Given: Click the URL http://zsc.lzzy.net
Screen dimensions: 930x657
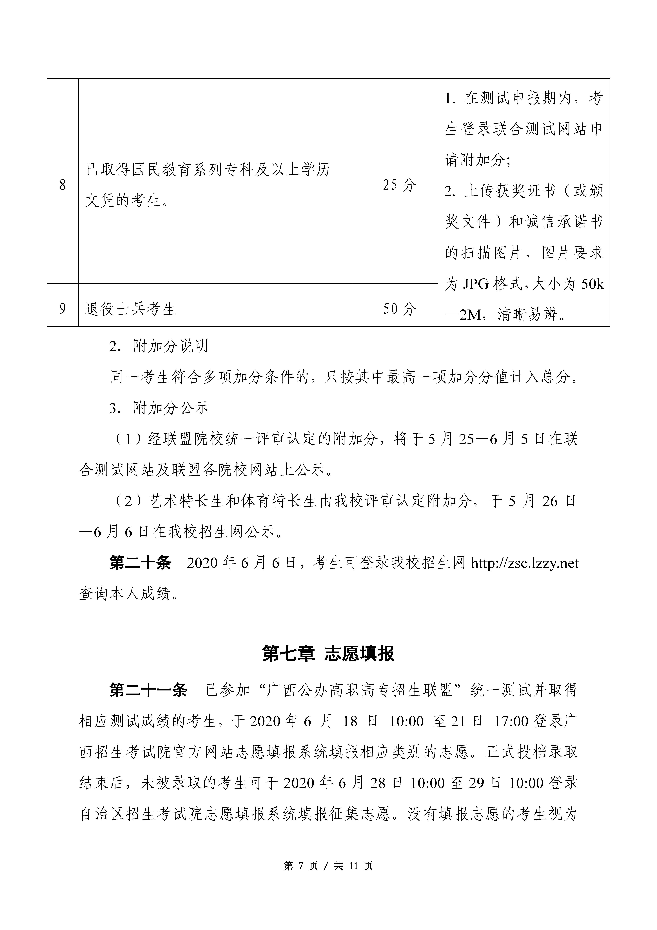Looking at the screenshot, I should (525, 563).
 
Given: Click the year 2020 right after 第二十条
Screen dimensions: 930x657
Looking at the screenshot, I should (203, 563).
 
